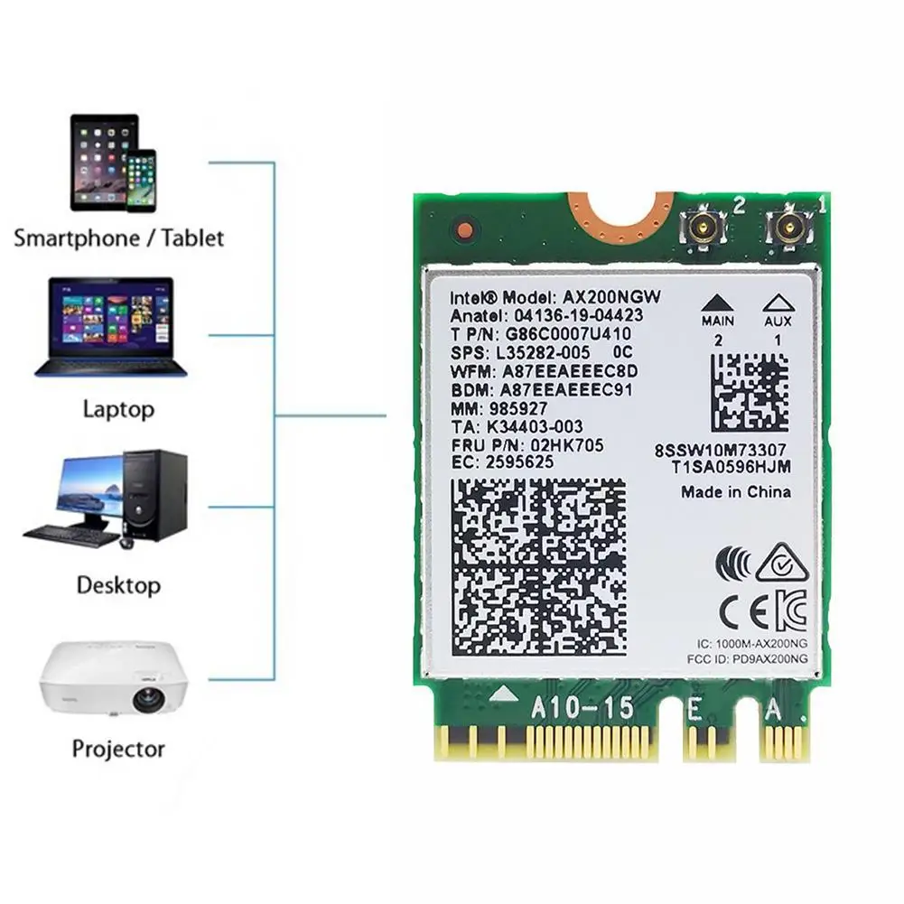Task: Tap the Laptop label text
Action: (118, 409)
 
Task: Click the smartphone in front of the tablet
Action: (141, 181)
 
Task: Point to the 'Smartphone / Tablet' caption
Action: (118, 238)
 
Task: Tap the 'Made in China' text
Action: (736, 492)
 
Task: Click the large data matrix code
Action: (538, 568)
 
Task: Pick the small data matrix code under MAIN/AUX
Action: (749, 392)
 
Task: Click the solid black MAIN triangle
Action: (717, 303)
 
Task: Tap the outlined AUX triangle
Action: (778, 303)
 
